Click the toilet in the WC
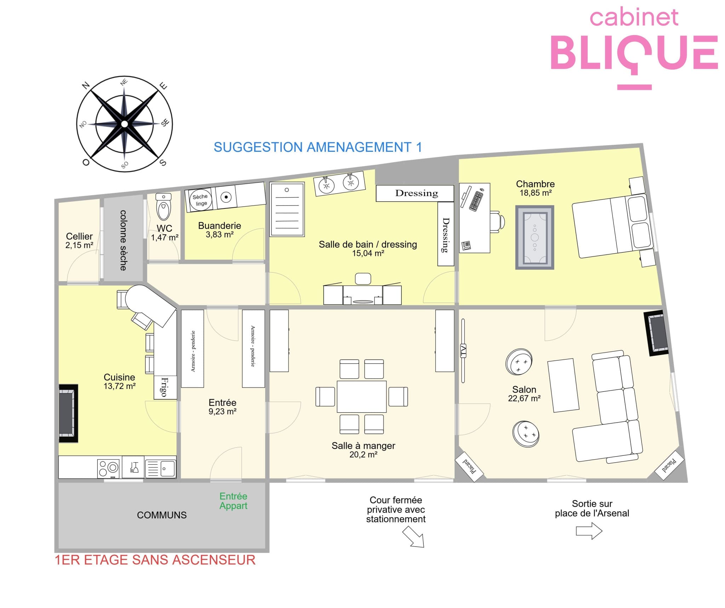pyautogui.click(x=163, y=207)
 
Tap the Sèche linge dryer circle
pyautogui.click(x=201, y=200)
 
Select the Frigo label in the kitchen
pyautogui.click(x=164, y=387)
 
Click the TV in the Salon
pyautogui.click(x=463, y=350)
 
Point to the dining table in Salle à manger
pyautogui.click(x=361, y=396)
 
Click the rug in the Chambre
pyautogui.click(x=535, y=237)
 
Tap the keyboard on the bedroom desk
pyautogui.click(x=476, y=201)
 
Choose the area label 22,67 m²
pyautogui.click(x=524, y=398)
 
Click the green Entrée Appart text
pyautogui.click(x=233, y=501)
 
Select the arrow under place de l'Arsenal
pyautogui.click(x=589, y=531)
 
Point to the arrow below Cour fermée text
pyautogui.click(x=413, y=537)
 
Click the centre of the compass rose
pyautogui.click(x=124, y=124)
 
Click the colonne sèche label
pyautogui.click(x=123, y=240)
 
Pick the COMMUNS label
pyautogui.click(x=162, y=515)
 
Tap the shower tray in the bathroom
pyautogui.click(x=287, y=209)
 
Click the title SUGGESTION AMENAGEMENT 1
pyautogui.click(x=318, y=147)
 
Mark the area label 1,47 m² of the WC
pyautogui.click(x=165, y=237)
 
